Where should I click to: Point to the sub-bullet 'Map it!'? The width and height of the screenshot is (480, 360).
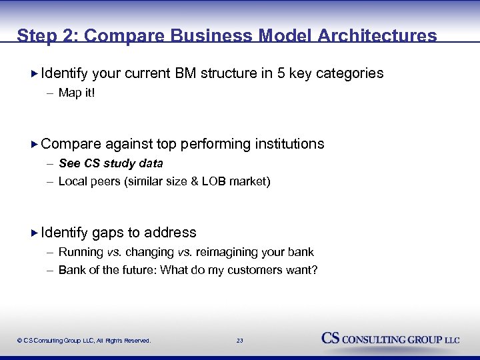coord(77,93)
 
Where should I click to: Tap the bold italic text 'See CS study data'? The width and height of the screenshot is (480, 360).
coord(111,163)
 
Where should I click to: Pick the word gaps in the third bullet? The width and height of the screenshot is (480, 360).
coord(107,233)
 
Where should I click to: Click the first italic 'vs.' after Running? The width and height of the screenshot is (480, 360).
coord(114,252)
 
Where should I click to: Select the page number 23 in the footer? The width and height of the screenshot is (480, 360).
coord(239,341)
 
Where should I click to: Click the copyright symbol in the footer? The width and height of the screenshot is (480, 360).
coord(20,341)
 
